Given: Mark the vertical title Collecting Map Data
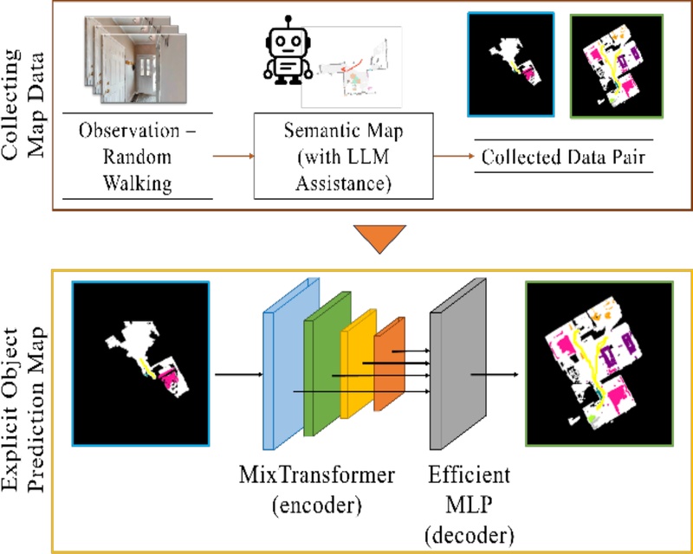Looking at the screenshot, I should coord(24,103).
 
